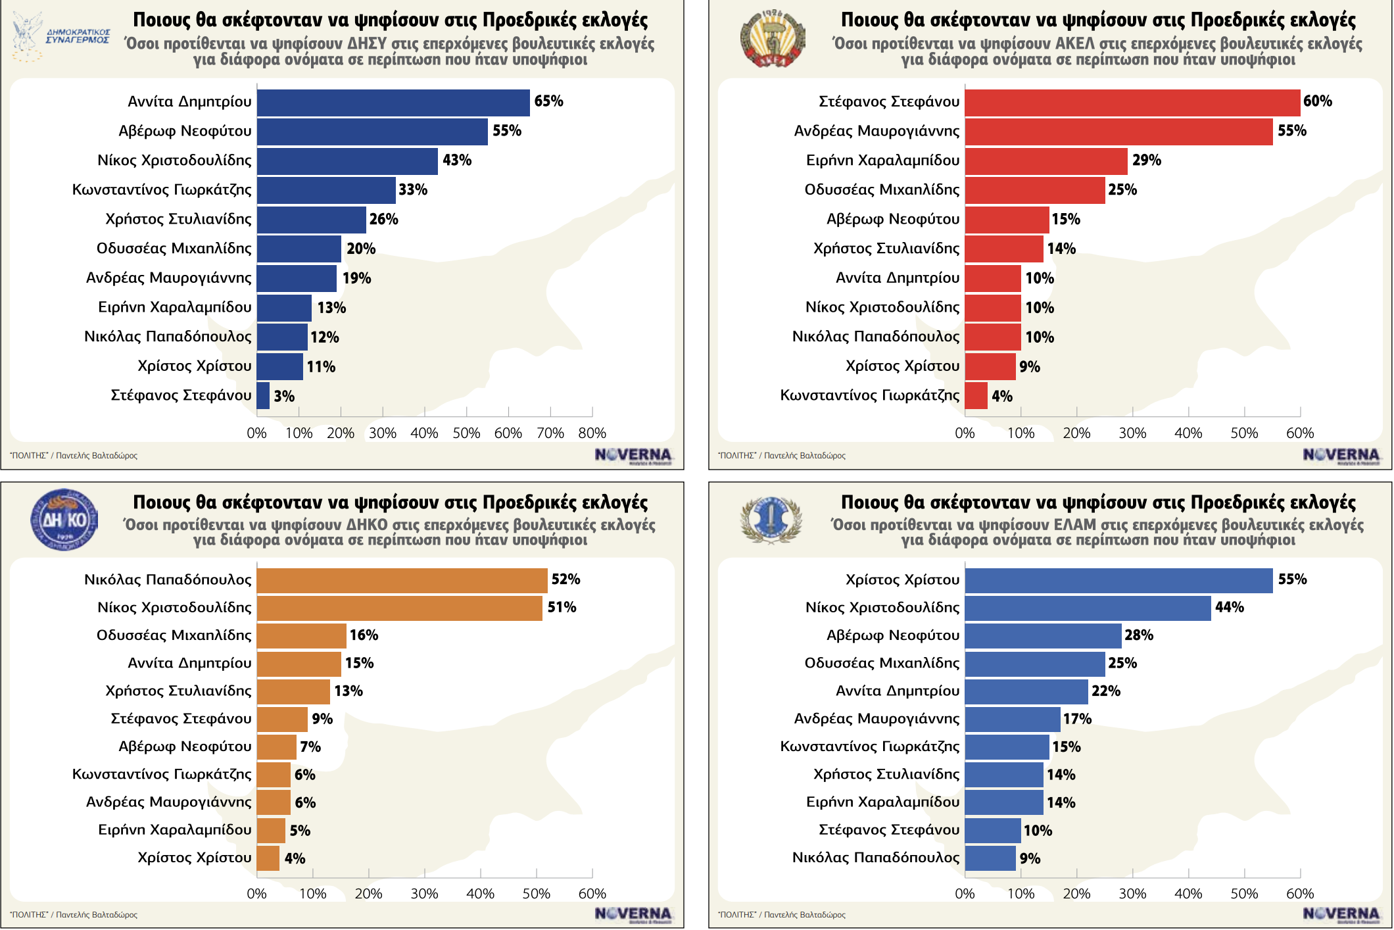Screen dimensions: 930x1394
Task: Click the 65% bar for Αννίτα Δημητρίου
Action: [393, 103]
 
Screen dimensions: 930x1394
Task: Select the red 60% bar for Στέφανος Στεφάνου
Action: [1132, 103]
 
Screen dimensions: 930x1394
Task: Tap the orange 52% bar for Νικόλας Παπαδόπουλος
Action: [402, 580]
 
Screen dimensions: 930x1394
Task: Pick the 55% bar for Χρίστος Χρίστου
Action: [1118, 580]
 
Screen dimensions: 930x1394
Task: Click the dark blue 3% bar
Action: [263, 396]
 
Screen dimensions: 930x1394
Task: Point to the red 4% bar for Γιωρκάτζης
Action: [976, 396]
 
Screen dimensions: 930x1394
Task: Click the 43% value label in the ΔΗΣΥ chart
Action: [457, 160]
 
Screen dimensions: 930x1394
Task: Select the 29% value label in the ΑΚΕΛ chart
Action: [1146, 160]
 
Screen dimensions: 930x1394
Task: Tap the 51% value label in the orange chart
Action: [562, 607]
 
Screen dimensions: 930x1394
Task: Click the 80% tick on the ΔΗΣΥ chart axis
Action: [592, 433]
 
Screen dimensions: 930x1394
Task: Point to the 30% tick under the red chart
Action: [1132, 433]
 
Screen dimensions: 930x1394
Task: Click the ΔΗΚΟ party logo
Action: [64, 519]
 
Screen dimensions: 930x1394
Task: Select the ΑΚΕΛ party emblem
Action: [772, 39]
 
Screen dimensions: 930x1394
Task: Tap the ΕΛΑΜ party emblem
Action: [771, 520]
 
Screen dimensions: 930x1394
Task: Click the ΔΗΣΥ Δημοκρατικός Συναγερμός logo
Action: [60, 37]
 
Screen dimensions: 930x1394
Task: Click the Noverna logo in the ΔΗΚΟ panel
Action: [633, 914]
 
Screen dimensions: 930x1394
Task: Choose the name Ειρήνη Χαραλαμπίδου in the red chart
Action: [882, 160]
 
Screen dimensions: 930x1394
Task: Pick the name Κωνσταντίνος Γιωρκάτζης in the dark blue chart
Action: [162, 190]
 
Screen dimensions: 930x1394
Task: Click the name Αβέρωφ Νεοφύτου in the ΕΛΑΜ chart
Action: [892, 635]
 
